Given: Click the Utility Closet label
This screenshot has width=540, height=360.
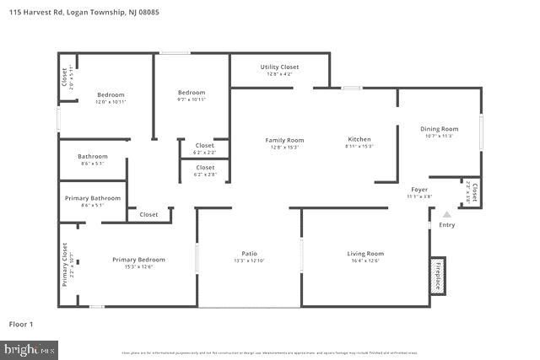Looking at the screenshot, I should [279, 67].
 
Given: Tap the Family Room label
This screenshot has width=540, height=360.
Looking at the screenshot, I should [284, 140].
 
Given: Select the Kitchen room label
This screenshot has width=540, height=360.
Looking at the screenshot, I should [359, 139].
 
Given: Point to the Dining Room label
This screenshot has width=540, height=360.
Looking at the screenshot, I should [439, 128].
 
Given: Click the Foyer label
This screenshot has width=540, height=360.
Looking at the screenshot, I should [420, 190].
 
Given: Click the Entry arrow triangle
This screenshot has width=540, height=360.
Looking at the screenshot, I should [447, 215].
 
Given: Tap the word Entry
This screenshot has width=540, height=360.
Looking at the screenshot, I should [447, 225].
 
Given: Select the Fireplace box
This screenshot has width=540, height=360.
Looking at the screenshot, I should [438, 275].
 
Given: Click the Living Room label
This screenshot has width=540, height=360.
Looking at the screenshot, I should [365, 253].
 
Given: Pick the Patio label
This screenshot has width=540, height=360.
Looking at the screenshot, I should [249, 253].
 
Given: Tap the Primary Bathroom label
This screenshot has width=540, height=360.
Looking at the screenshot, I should [93, 198].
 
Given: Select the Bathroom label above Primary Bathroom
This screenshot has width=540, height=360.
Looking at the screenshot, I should [93, 156].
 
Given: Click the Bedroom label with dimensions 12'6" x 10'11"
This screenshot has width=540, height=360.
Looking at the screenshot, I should [111, 94].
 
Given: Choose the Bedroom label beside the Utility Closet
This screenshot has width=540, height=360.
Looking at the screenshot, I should [192, 92].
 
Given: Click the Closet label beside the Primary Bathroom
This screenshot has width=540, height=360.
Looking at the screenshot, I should [148, 214].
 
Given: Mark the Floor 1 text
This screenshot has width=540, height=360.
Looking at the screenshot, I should [20, 323].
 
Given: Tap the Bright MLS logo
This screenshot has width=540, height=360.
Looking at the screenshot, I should [30, 347].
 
